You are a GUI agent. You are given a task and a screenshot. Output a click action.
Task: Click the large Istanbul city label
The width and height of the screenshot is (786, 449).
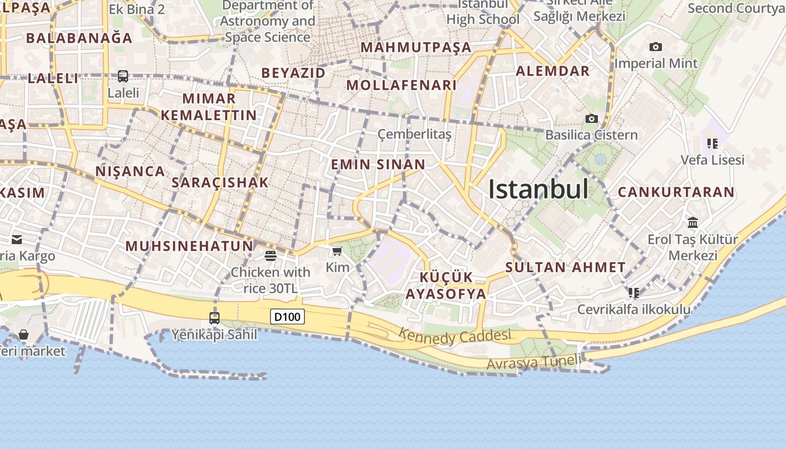pos(538,190)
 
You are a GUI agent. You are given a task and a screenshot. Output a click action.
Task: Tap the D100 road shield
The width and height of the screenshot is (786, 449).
pos(287,317)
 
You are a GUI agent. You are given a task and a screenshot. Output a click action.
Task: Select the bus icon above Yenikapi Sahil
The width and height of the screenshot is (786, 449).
pos(214,318)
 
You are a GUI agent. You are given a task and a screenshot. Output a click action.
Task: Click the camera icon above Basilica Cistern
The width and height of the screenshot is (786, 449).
pos(591,118)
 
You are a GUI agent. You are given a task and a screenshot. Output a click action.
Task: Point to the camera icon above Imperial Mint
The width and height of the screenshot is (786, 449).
pos(655,47)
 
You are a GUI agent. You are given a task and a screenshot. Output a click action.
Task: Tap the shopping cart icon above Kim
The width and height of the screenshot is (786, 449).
pos(337,251)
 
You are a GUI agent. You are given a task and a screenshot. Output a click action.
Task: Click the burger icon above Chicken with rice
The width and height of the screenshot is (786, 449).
pos(270,256)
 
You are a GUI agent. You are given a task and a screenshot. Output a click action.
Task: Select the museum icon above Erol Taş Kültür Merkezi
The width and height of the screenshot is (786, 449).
pos(692,223)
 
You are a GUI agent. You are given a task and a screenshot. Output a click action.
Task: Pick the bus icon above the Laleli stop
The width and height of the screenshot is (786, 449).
pos(122,76)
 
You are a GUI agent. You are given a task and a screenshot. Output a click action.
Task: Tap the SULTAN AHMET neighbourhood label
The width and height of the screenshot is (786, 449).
pos(565,267)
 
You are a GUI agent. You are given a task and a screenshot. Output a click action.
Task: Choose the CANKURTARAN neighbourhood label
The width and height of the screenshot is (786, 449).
pos(676,192)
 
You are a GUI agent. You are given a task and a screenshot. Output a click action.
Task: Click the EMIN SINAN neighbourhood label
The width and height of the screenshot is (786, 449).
pos(378,164)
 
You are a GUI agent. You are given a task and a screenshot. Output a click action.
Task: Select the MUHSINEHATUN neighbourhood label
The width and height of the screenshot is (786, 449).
pos(189,246)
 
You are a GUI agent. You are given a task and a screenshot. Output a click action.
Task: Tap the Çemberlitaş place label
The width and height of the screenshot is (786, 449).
pos(414,134)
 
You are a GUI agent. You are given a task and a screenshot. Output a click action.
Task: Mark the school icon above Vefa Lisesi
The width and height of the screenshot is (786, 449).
pos(712,144)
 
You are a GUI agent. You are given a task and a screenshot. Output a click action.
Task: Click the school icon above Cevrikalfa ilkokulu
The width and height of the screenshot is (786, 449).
pos(634,292)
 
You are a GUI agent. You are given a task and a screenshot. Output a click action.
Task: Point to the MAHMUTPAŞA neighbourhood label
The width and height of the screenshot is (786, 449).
pos(415,48)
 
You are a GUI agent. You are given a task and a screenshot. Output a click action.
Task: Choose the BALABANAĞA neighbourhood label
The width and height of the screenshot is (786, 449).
pos(79,38)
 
